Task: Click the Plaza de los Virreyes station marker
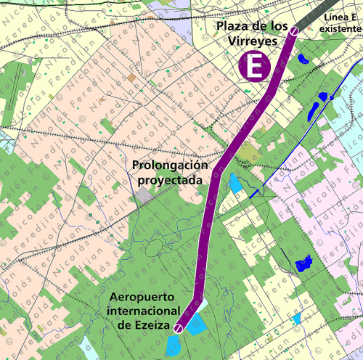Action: [x=294, y=31]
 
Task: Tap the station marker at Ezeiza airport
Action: [x=179, y=330]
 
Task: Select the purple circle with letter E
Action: [x=254, y=67]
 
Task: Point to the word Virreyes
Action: [x=253, y=41]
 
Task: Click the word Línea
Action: [x=333, y=16]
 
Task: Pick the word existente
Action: [x=340, y=28]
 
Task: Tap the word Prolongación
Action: [x=168, y=165]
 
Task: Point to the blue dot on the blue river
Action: [x=332, y=97]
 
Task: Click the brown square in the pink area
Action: [x=131, y=76]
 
